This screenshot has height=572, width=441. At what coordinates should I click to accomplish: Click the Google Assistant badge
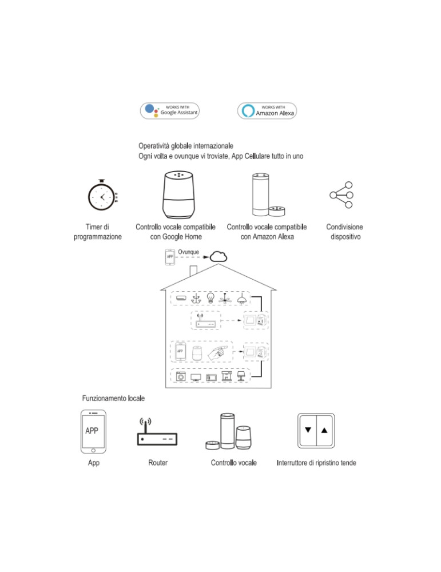point(170,110)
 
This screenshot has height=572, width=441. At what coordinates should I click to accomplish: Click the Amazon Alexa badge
point(267,110)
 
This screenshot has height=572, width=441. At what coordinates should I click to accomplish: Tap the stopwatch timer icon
point(101,197)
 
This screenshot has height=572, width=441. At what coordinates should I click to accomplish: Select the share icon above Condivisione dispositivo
point(341,196)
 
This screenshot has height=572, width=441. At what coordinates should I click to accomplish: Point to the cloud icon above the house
point(217,257)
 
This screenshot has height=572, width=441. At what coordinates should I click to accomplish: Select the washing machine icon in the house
point(181,378)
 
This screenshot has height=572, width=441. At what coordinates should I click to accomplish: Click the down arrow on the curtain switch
point(309,430)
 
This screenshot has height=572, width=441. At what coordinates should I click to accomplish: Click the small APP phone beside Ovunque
point(170,257)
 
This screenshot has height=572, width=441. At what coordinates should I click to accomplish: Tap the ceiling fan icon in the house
point(227,298)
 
